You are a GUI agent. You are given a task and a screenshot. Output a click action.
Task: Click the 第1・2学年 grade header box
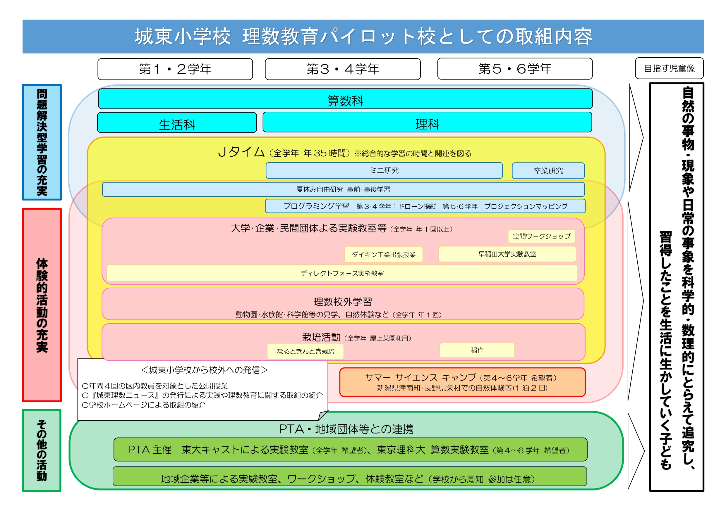[175, 69]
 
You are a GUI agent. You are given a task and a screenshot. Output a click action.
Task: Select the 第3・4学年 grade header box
[343, 69]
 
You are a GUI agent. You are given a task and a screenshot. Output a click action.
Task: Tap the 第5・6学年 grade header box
[515, 69]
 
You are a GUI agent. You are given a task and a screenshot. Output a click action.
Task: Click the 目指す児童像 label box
[670, 68]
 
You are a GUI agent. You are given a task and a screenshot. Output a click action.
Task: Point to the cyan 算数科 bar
[345, 99]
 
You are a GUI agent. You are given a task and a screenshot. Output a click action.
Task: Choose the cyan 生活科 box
[177, 122]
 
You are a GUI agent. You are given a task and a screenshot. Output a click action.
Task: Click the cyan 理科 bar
[427, 122]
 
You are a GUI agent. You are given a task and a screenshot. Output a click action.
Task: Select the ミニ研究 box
[384, 171]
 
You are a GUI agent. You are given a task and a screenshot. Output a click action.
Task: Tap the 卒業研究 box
[548, 171]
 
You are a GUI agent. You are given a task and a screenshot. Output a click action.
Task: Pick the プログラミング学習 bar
[425, 206]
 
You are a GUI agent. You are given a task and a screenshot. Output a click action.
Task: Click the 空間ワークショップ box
[542, 236]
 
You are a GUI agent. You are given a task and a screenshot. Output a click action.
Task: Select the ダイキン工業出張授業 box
[384, 255]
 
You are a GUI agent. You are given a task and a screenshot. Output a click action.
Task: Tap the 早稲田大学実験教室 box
[507, 254]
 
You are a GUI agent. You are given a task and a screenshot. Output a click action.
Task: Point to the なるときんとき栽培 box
[305, 352]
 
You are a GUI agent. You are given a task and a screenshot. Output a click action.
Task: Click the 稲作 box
[477, 350]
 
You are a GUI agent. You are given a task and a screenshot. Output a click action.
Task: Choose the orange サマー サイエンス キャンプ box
[463, 382]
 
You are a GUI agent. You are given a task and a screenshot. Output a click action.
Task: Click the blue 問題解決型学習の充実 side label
[42, 142]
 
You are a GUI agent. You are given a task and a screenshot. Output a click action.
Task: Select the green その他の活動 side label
[42, 450]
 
